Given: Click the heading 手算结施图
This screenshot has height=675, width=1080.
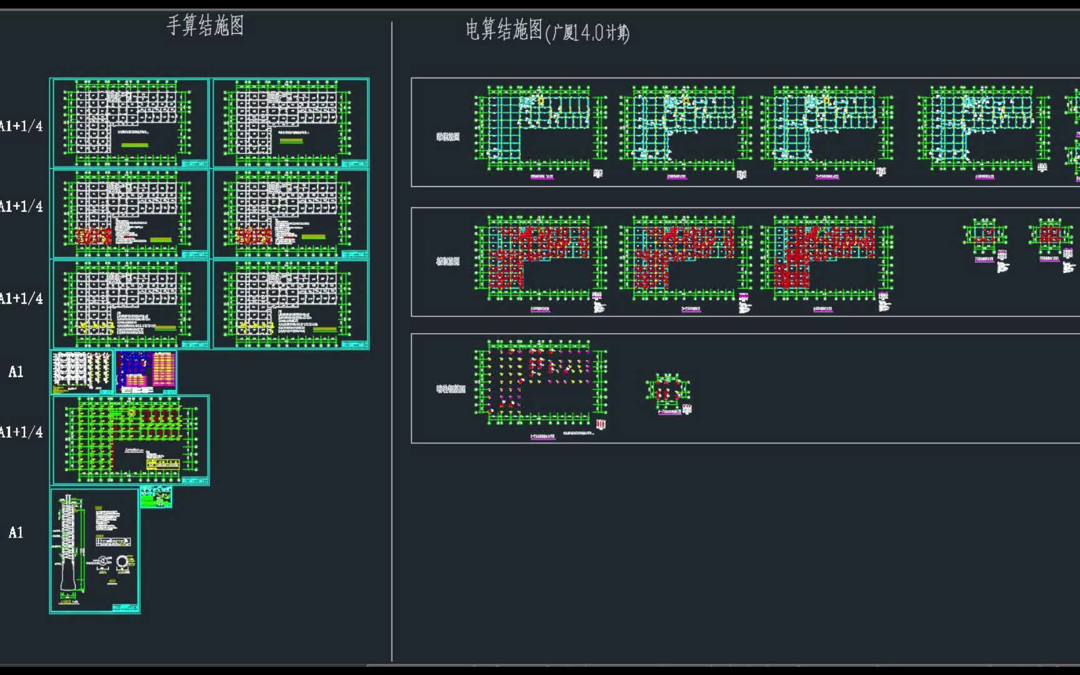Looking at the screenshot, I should [x=205, y=26].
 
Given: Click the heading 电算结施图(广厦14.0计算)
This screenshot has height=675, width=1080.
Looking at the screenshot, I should [x=547, y=31].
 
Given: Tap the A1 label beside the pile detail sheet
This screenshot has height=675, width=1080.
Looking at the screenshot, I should [x=16, y=532].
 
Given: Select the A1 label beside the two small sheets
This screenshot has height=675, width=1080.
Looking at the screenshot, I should [x=16, y=372].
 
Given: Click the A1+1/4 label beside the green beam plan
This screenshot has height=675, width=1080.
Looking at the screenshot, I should [x=21, y=432].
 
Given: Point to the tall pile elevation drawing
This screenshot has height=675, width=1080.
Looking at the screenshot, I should [x=68, y=544].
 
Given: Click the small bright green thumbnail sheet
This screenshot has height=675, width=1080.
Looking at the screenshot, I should [x=156, y=497].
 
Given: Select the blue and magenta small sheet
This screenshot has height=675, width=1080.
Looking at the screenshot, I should [x=146, y=371].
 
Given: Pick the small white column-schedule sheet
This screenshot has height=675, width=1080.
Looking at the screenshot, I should [x=82, y=371].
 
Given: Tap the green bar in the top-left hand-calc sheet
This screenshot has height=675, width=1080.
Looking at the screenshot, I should [x=135, y=145].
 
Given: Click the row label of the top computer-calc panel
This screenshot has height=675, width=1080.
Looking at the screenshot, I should [x=447, y=137].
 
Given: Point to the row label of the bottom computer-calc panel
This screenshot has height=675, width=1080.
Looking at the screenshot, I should [x=451, y=389].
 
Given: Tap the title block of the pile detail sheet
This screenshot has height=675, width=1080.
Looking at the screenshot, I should [x=125, y=607].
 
